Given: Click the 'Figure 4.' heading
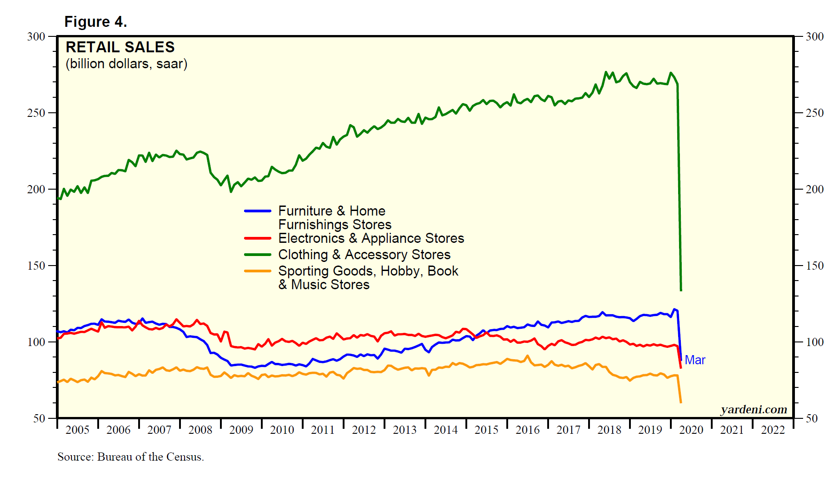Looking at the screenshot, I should [95, 22].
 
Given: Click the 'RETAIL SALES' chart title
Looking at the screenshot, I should [120, 47].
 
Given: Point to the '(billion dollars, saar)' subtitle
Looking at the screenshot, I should [126, 64].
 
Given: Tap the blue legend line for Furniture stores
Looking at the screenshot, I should [258, 211].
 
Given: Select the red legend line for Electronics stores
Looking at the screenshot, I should [258, 238].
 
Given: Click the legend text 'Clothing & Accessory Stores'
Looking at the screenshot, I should [364, 255].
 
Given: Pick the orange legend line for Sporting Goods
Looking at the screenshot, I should [258, 271].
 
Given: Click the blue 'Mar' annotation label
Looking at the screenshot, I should [695, 360].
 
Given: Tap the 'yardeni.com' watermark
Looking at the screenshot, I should [754, 410].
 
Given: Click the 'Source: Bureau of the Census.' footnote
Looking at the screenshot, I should [130, 457].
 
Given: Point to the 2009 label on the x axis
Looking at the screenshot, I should [241, 430].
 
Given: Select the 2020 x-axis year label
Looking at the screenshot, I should [691, 430].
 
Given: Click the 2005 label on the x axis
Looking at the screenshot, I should [77, 430].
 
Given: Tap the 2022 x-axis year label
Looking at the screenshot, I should [773, 430].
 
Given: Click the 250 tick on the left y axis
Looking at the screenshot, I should [36, 113].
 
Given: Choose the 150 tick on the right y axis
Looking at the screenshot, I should [814, 266].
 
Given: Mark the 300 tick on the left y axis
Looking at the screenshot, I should [36, 36].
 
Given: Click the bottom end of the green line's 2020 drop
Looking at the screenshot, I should [681, 290].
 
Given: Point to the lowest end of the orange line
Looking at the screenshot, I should [681, 402].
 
